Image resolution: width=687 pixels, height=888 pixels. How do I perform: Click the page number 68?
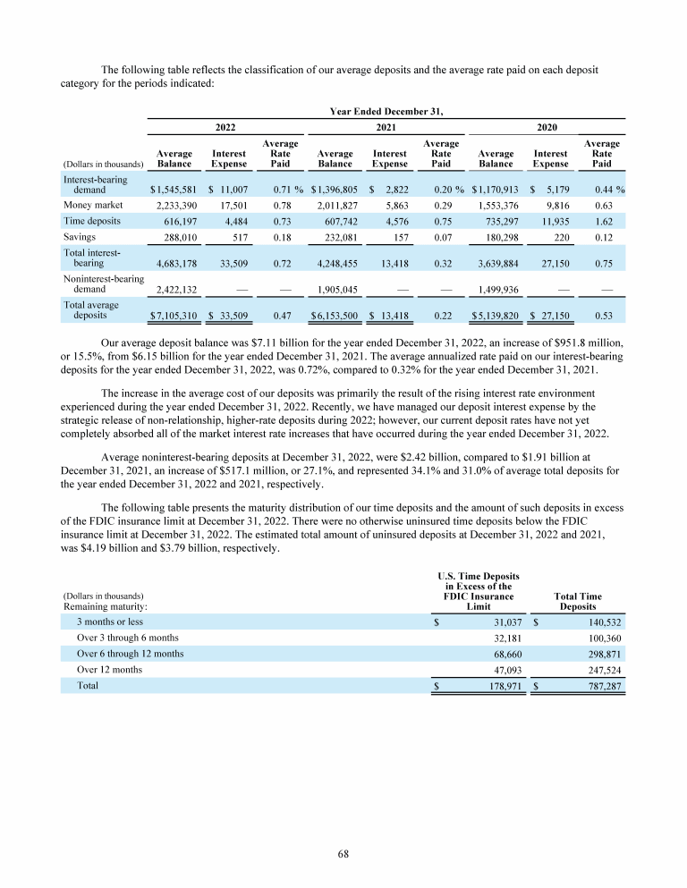pyautogui.click(x=343, y=853)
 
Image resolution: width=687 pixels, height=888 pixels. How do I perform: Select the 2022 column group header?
pyautogui.click(x=226, y=128)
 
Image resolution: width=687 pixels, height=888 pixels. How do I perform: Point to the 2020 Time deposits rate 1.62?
pyautogui.click(x=612, y=221)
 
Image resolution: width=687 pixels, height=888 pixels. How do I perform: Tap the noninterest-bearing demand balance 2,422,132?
pyautogui.click(x=170, y=290)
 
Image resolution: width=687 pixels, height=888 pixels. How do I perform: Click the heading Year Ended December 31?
pyautogui.click(x=386, y=111)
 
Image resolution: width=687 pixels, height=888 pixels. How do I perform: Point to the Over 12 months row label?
pyautogui.click(x=109, y=669)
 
